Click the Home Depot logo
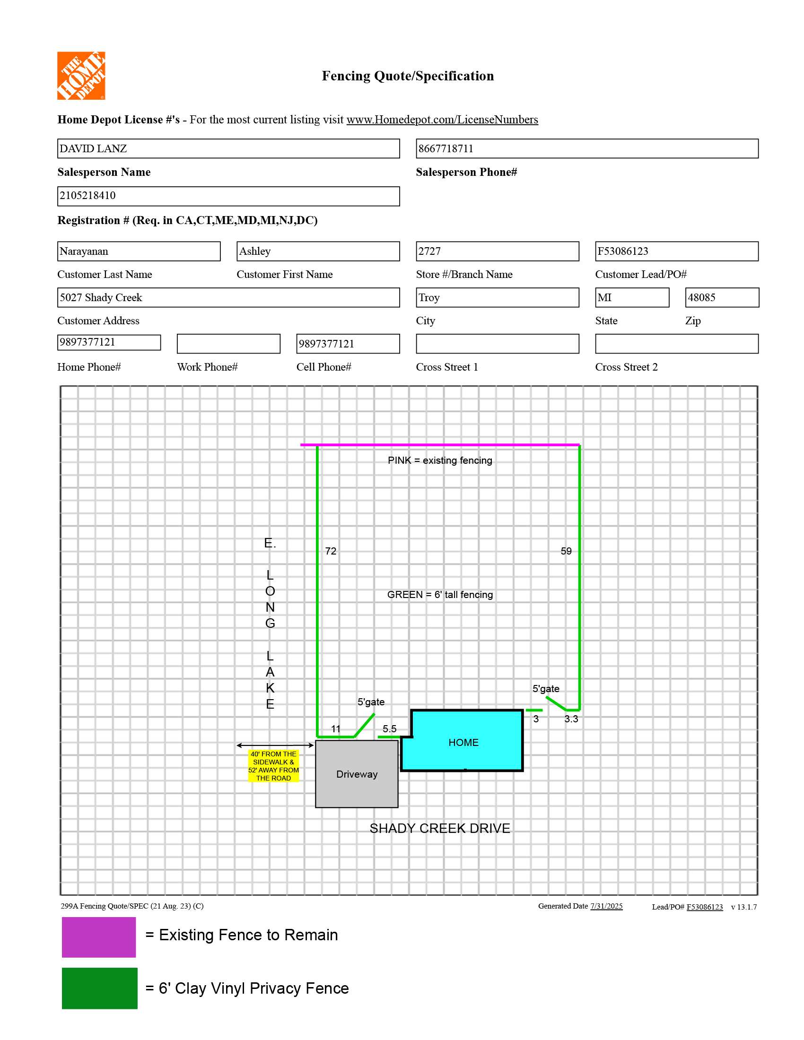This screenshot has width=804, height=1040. pos(81,76)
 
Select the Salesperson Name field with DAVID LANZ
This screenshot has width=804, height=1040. pos(228,148)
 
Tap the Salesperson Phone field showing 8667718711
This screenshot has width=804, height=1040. pos(586,148)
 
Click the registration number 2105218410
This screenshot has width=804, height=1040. pos(228,196)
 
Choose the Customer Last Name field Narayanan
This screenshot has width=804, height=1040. pos(139,251)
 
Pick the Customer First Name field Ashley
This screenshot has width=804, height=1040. pos(318,251)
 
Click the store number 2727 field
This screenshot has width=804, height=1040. pos(497,251)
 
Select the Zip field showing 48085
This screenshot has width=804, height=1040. pos(722,298)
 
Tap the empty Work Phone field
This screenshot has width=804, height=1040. pos(228,344)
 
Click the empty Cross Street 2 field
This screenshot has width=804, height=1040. pos(676,344)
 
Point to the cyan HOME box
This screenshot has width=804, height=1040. pos(463,742)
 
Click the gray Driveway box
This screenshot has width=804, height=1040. pos(357,774)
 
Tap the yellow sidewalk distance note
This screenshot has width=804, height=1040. pos(273,766)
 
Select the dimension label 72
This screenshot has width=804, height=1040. pos(331,551)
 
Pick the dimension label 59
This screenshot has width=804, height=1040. pos(566,551)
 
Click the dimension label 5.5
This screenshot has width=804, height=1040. pos(389,728)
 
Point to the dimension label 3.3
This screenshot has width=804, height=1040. pos(571,719)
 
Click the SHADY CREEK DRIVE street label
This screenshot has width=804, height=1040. pos(440,828)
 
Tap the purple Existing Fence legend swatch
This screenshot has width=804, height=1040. pos(98,936)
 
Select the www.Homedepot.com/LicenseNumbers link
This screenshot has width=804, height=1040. pos(442,120)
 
